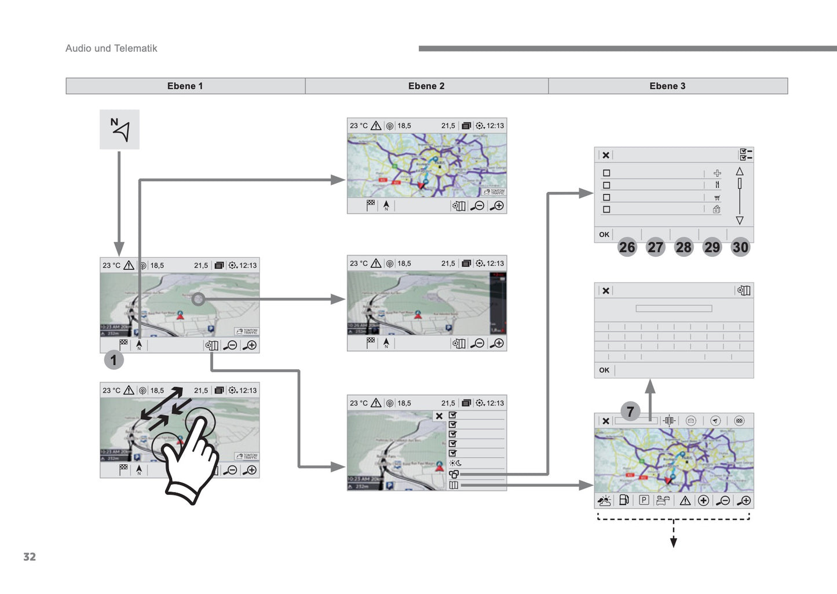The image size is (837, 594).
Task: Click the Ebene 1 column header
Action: [x=185, y=86]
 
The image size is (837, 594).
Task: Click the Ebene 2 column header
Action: [x=426, y=86]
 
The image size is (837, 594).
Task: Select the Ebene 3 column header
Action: [x=667, y=86]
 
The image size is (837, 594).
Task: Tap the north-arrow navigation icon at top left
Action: [x=119, y=130]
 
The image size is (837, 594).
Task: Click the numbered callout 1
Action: [x=114, y=360]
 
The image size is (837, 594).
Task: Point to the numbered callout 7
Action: [x=630, y=411]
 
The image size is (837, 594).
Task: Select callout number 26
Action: [x=627, y=247]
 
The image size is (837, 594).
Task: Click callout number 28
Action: [x=684, y=247]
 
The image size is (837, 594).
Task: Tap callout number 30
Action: [x=740, y=247]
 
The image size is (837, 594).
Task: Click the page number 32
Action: [x=30, y=557]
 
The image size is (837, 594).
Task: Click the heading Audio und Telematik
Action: [x=111, y=49]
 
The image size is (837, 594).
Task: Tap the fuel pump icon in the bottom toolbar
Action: [x=624, y=500]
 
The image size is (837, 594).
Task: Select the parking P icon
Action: [x=644, y=500]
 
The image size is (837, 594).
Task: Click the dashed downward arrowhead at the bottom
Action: [x=674, y=542]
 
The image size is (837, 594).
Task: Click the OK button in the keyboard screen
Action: [x=604, y=370]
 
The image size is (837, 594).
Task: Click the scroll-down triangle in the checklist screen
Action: [x=740, y=220]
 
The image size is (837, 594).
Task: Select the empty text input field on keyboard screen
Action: [x=674, y=308]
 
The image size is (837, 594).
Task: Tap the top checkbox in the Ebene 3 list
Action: [x=606, y=173]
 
